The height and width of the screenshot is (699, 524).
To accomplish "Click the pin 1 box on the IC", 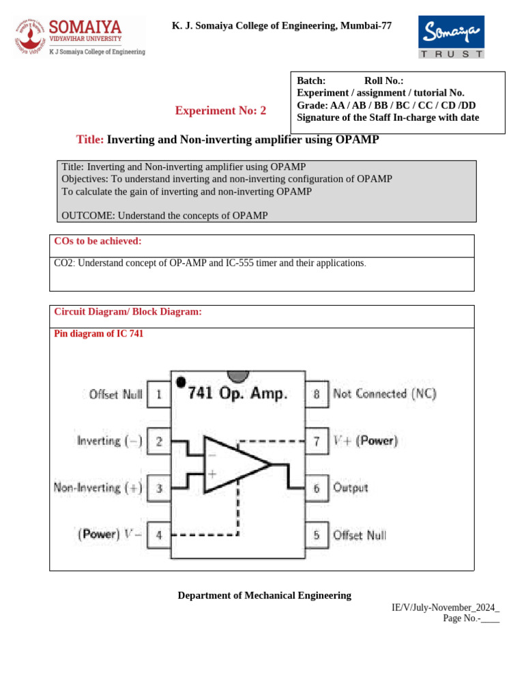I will (158, 394).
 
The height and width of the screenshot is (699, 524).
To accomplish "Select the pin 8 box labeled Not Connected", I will (317, 394).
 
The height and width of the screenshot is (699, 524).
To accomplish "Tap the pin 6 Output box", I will (317, 488).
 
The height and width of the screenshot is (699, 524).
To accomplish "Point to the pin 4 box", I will (158, 535).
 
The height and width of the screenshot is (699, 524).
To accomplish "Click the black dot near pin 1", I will (180, 382).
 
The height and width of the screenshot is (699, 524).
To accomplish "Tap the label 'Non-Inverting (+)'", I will (98, 488).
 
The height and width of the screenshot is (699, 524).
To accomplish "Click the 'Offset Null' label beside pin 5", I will (359, 535).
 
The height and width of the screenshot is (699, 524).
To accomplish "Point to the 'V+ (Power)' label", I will (365, 441).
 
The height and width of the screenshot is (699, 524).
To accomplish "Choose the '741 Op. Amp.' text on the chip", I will (237, 393).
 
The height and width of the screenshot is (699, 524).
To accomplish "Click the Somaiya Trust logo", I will (451, 38).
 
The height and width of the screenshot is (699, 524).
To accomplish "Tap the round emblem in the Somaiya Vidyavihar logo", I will (29, 36).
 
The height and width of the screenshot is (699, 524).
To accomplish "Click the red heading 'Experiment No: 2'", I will (221, 111).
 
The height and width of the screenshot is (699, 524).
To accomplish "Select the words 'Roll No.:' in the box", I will (383, 81).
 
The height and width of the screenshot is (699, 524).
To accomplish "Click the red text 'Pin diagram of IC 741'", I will (98, 334).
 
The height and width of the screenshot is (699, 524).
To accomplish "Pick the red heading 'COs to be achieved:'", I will (98, 241).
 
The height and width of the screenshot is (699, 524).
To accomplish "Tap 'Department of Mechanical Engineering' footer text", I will (265, 595).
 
